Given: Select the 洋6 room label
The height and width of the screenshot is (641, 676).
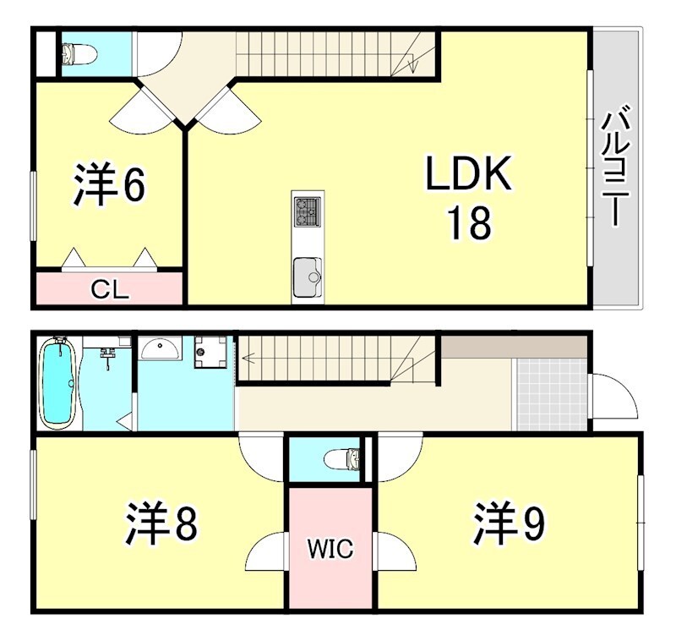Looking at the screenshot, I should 109,186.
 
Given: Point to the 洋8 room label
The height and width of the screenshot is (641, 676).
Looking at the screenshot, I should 162,524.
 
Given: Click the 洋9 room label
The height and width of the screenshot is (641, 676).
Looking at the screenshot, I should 509,524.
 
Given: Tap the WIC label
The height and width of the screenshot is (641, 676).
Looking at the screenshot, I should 330,550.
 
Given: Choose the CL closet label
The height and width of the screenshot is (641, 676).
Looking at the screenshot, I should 110,291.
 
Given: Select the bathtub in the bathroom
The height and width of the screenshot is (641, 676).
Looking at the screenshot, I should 58,382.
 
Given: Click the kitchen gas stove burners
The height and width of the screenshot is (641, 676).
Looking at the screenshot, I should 306,211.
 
